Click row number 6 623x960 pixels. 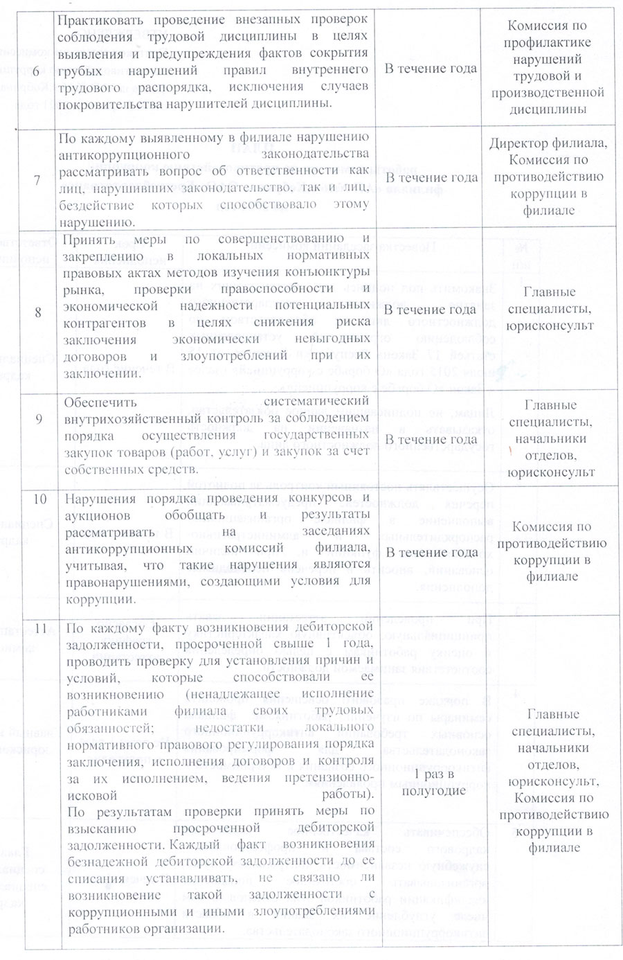(37, 69)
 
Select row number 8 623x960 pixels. (37, 312)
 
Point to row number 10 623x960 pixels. (39, 499)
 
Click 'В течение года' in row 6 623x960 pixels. (431, 69)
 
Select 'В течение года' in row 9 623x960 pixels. (431, 440)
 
